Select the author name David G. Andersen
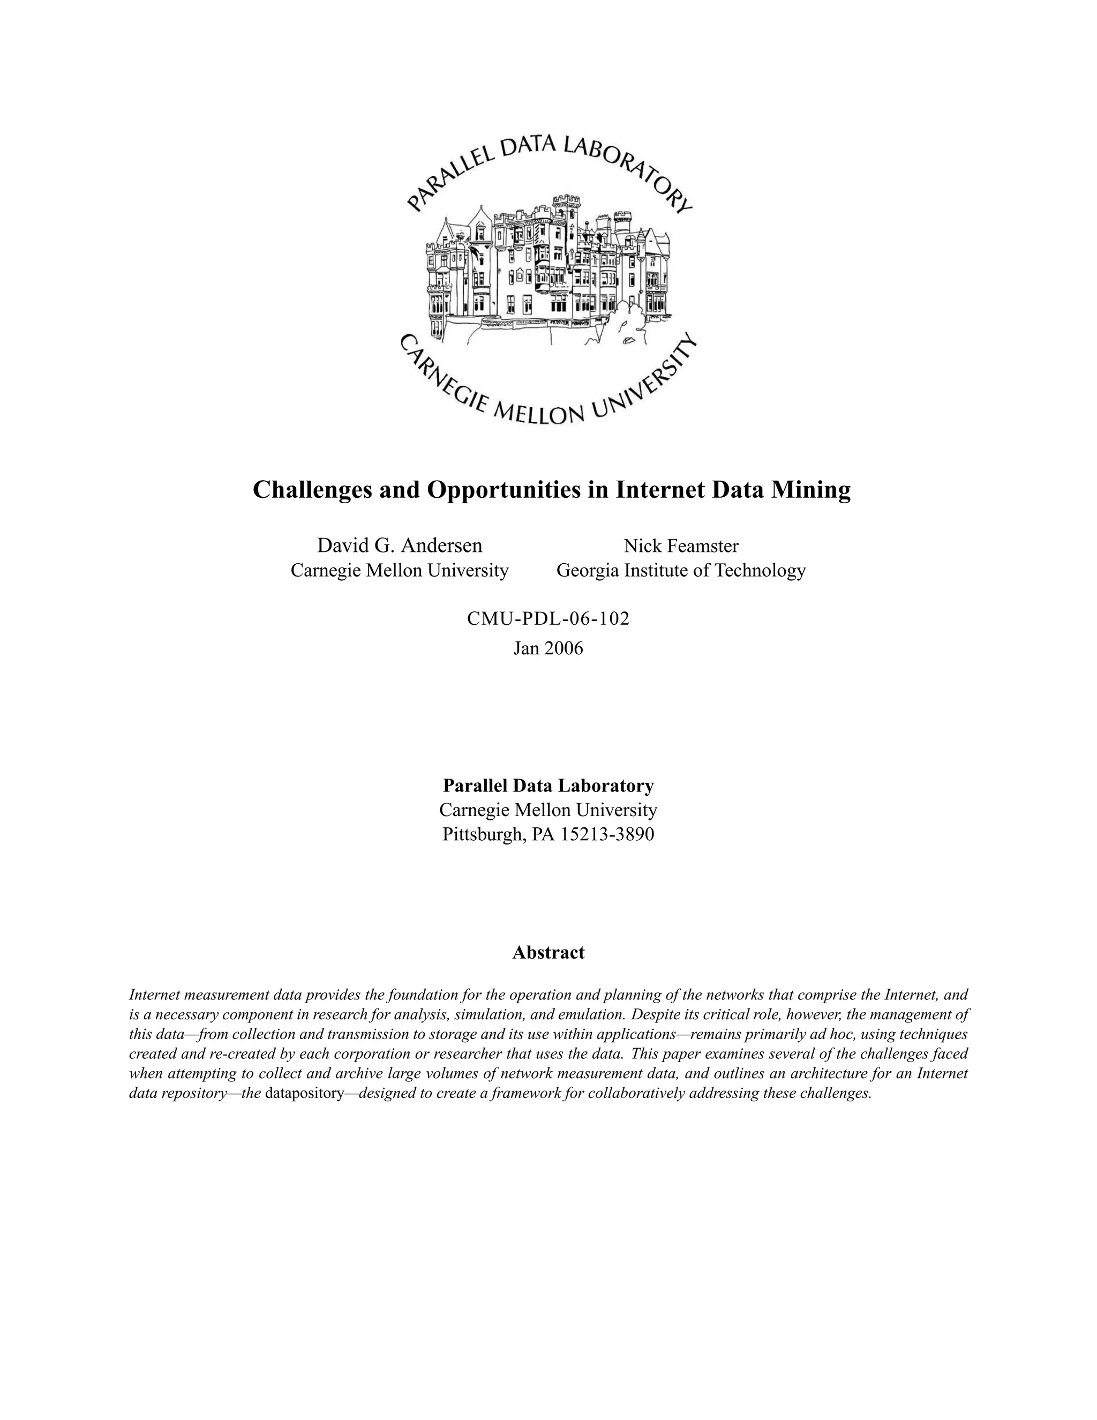point(399,545)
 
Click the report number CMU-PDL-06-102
point(548,618)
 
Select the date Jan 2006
point(548,648)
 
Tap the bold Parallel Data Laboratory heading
point(548,786)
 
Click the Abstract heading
point(548,953)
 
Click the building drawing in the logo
point(548,273)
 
